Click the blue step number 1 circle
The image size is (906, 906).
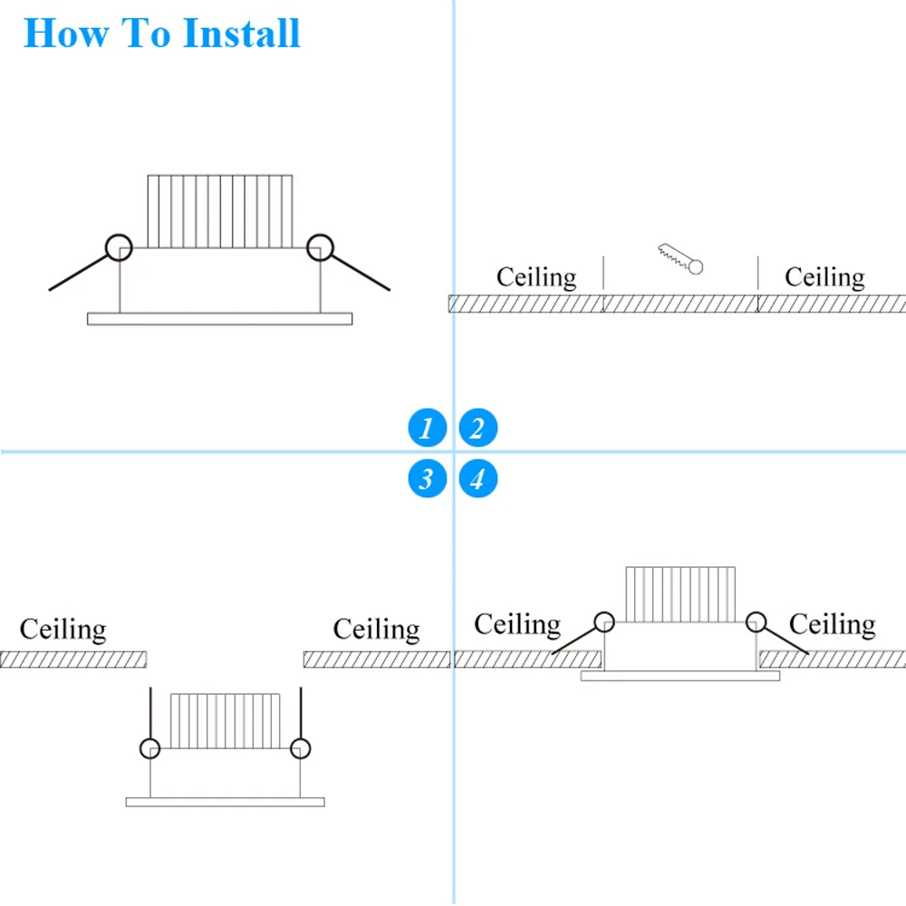click(427, 428)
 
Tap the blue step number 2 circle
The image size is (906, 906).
click(477, 428)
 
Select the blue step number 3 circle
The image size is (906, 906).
click(427, 477)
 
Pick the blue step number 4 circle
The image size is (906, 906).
click(477, 477)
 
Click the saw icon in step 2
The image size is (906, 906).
click(680, 257)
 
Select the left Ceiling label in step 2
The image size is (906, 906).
click(535, 276)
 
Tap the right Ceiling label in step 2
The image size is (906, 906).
click(824, 276)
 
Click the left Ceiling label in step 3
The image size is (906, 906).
click(63, 629)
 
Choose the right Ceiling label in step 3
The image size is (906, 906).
click(376, 629)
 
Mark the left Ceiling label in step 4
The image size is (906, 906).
click(517, 624)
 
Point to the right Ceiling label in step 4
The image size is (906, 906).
click(832, 624)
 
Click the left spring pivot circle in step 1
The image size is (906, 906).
click(118, 246)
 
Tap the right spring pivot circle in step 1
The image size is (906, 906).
click(320, 246)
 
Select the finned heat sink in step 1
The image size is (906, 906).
click(220, 211)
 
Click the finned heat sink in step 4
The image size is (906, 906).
click(680, 594)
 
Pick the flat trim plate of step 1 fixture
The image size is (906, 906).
click(219, 319)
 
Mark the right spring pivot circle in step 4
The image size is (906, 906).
click(756, 622)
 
